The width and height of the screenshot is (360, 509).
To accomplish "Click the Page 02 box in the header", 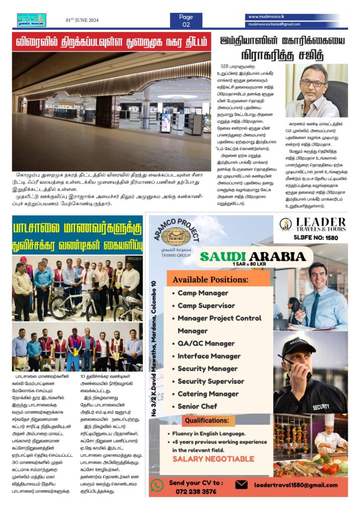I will pos(186,20).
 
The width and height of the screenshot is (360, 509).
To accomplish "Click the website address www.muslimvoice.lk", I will pos(267,16).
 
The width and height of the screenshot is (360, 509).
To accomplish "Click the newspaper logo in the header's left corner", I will pos(31,20).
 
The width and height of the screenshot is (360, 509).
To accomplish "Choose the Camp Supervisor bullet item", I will pos(206,305).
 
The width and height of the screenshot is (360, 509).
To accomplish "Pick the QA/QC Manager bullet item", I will pos(206,343).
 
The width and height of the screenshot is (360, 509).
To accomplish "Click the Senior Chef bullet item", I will pos(197,406).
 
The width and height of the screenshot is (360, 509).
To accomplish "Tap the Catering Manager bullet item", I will pos(208,394).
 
